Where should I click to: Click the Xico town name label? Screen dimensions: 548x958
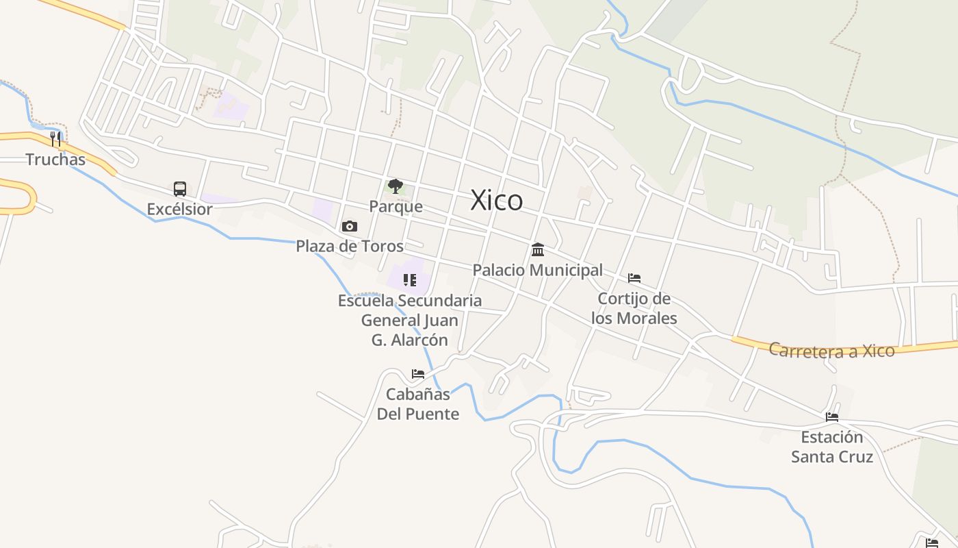497,200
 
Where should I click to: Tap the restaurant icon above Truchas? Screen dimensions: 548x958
56,139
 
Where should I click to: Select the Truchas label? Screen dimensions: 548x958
55,160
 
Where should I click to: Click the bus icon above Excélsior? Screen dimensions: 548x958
180,189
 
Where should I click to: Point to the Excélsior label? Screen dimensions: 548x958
180,209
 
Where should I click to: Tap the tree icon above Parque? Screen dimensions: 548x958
395,186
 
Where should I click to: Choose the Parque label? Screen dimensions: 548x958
396,206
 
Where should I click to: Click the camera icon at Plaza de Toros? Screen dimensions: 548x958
350,226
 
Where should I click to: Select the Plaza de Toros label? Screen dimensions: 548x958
350,246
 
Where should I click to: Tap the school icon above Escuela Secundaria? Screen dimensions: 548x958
410,279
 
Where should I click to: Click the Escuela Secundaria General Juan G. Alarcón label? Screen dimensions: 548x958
410,320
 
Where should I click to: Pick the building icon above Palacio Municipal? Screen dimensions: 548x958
538,249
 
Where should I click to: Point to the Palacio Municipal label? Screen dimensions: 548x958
538,270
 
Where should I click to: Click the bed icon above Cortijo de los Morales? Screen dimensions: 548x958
634,278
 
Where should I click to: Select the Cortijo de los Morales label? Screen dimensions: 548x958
634,308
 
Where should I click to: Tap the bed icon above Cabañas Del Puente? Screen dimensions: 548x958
418,374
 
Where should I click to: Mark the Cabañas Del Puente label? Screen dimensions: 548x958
418,404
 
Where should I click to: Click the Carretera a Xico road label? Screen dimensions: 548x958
831,350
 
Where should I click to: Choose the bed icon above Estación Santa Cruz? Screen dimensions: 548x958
832,416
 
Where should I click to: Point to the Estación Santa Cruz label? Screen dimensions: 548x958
832,447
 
